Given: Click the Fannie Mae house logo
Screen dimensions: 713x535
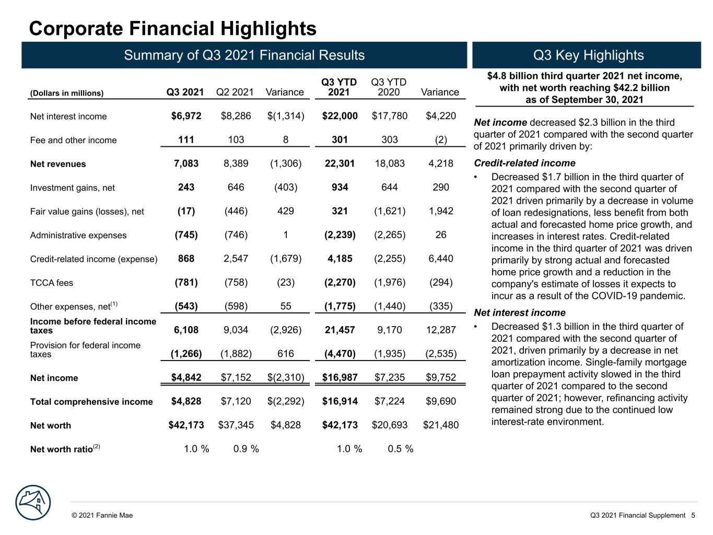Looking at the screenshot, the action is (33, 502).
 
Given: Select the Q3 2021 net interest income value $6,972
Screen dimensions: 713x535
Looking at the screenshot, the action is (186, 115).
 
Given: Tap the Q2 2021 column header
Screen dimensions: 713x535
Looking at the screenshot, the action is (235, 92).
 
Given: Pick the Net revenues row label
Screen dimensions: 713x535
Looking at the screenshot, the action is (58, 164).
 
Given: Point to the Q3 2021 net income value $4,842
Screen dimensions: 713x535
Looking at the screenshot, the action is (186, 377).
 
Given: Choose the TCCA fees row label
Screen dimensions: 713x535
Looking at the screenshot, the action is (51, 283).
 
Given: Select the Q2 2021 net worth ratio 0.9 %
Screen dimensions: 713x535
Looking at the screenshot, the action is (246, 449).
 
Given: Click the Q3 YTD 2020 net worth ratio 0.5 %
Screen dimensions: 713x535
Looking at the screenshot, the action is (400, 449).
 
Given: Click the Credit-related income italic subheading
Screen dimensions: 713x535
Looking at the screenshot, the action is (524, 162).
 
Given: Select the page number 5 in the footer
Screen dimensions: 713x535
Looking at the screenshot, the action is (693, 515).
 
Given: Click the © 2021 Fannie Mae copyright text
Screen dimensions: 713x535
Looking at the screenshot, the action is (102, 515).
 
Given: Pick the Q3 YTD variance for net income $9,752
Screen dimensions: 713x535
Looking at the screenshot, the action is (441, 377).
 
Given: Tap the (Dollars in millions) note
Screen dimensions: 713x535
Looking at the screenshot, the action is (66, 93).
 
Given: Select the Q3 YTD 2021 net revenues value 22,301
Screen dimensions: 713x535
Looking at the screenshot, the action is (340, 163).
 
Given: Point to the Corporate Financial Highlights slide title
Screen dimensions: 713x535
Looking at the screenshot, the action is (172, 28).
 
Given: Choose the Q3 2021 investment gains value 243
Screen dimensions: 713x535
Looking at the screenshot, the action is (186, 187).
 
